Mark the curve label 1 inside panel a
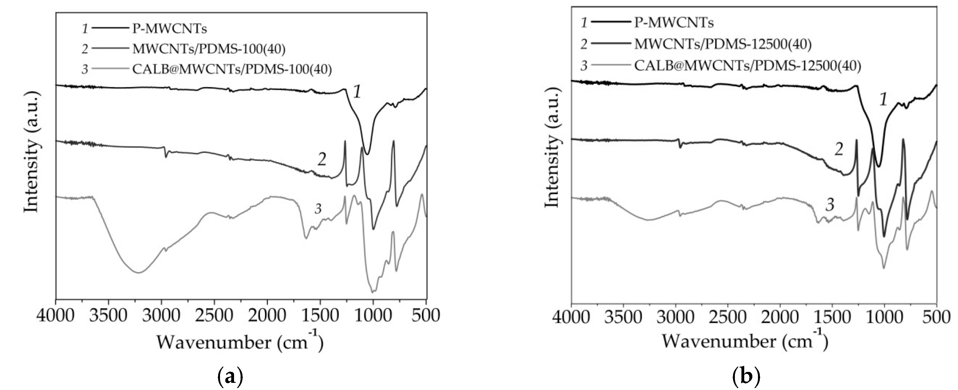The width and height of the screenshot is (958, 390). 357,92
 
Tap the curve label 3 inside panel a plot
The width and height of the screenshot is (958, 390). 318,209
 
